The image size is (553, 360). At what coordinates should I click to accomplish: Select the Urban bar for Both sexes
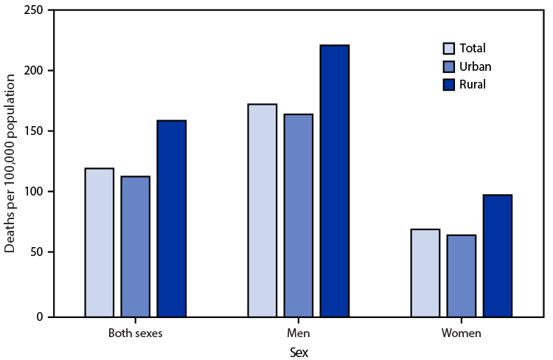tap(136, 246)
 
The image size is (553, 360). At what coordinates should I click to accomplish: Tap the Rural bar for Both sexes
tap(172, 218)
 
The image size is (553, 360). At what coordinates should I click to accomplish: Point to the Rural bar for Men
tap(335, 181)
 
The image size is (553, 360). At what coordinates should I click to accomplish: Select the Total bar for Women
tap(425, 273)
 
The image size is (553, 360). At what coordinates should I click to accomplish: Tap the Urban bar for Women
tap(462, 276)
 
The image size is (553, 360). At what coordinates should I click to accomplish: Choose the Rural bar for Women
tap(498, 255)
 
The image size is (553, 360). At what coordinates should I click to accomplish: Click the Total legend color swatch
tap(448, 49)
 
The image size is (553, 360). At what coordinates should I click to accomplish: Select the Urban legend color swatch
tap(448, 67)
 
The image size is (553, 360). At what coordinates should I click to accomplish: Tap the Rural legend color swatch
tap(448, 85)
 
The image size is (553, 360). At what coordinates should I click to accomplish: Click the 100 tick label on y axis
tap(34, 192)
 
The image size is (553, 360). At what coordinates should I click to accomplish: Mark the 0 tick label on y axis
tap(41, 317)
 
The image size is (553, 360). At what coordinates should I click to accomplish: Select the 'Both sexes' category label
tap(136, 333)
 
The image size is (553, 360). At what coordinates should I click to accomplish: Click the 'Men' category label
tap(299, 333)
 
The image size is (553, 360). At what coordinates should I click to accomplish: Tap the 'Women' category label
tap(462, 333)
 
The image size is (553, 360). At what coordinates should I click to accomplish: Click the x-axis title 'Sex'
tap(299, 353)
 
